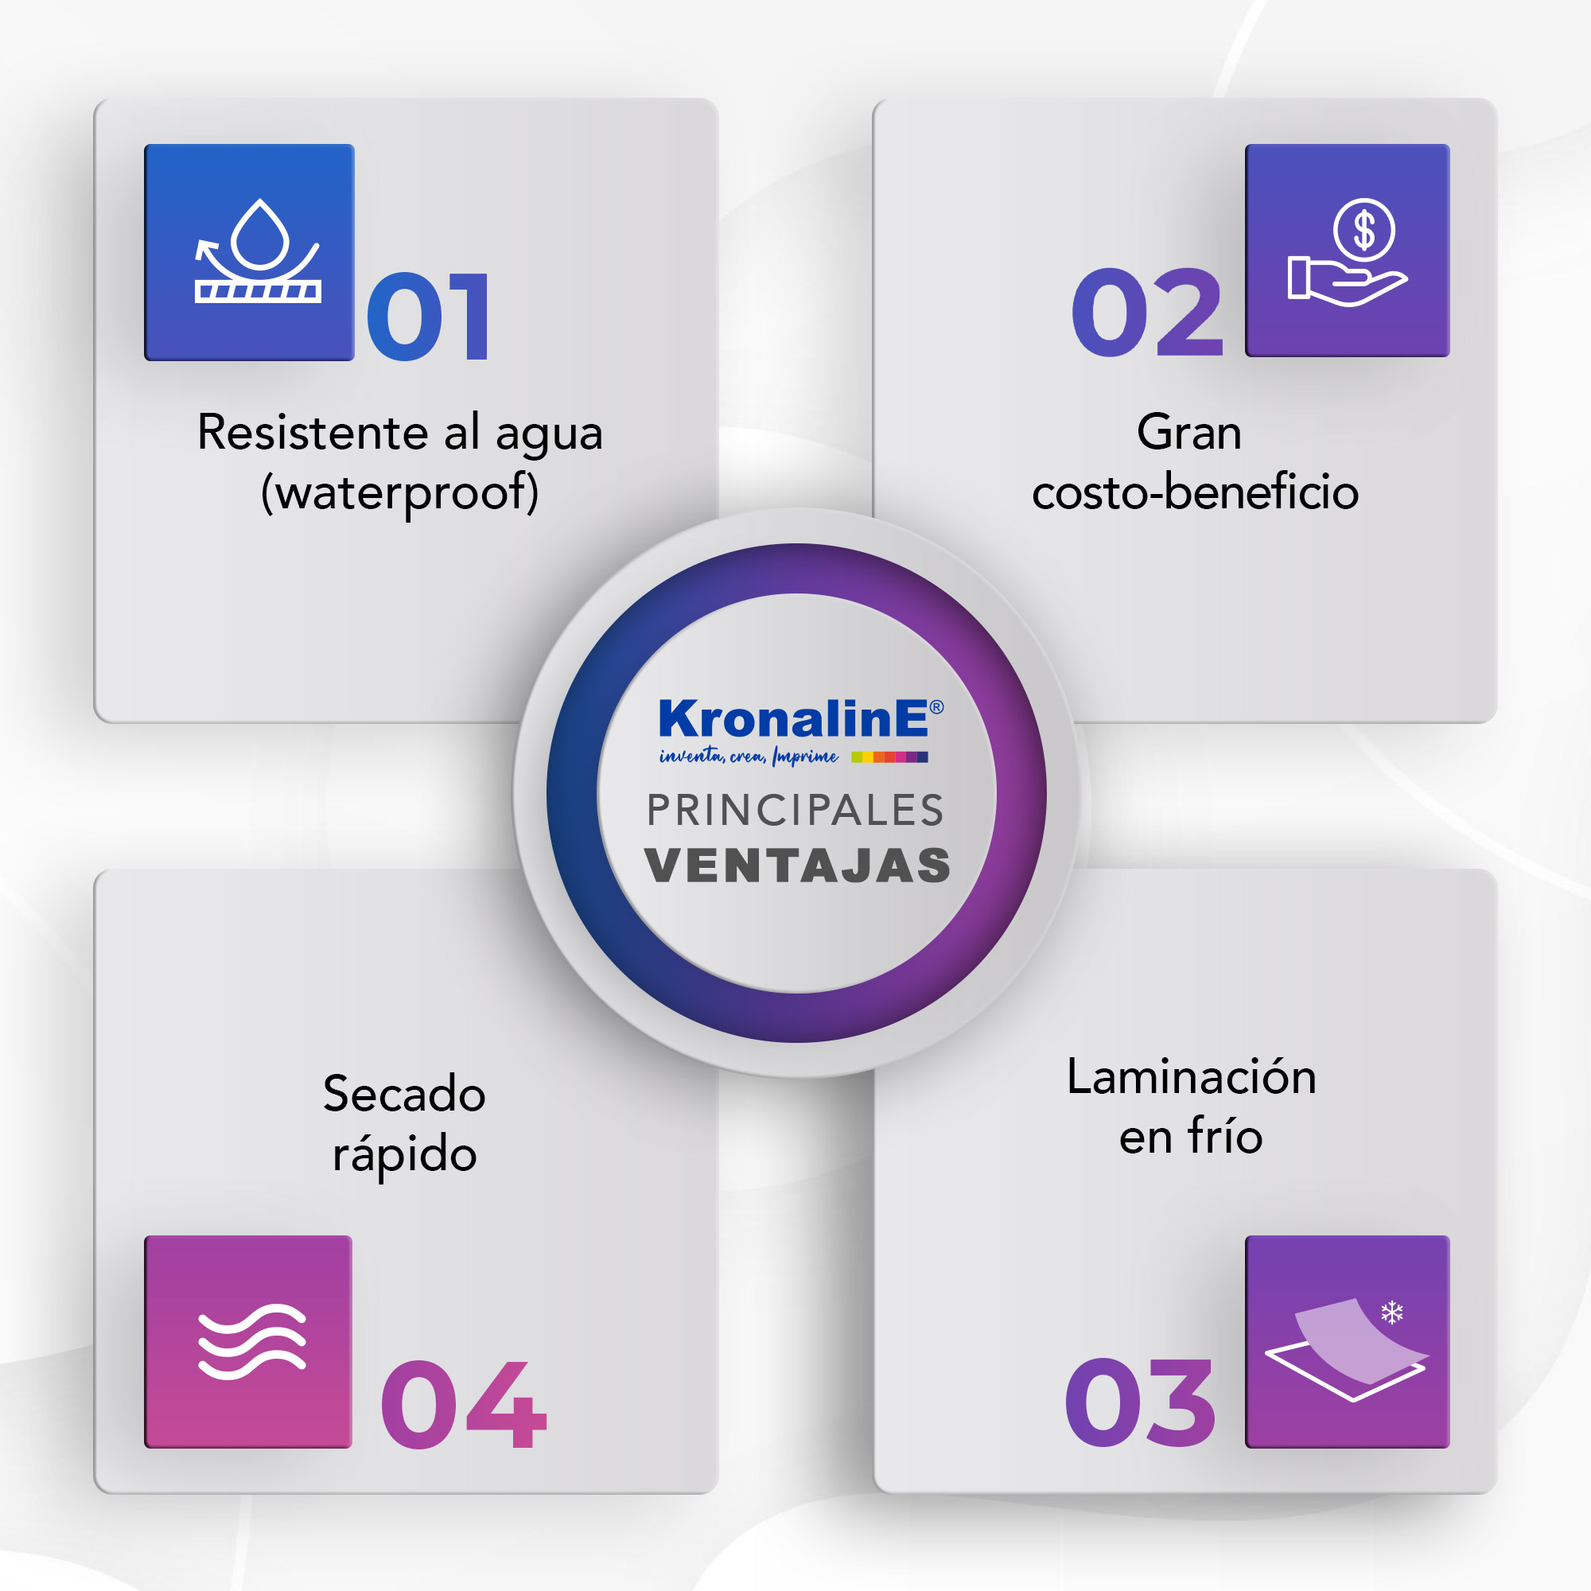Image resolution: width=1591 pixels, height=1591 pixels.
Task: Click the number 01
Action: (x=428, y=317)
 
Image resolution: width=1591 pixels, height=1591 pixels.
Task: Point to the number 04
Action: (x=464, y=1404)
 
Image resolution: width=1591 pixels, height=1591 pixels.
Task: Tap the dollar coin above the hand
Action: (x=1364, y=230)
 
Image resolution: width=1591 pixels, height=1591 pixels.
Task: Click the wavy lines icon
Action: (x=252, y=1341)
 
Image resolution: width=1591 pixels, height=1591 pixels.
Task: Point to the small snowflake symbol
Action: (x=1391, y=1313)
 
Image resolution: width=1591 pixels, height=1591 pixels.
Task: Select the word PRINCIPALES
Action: (x=795, y=811)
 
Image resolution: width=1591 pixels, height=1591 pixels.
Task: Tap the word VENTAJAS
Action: (x=797, y=866)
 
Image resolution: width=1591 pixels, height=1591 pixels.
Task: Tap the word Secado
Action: (x=404, y=1094)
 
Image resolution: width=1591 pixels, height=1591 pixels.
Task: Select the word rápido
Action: (x=404, y=1153)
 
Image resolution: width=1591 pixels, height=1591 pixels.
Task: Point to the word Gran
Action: (x=1189, y=432)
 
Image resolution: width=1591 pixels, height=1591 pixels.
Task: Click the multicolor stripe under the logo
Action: (x=889, y=757)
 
